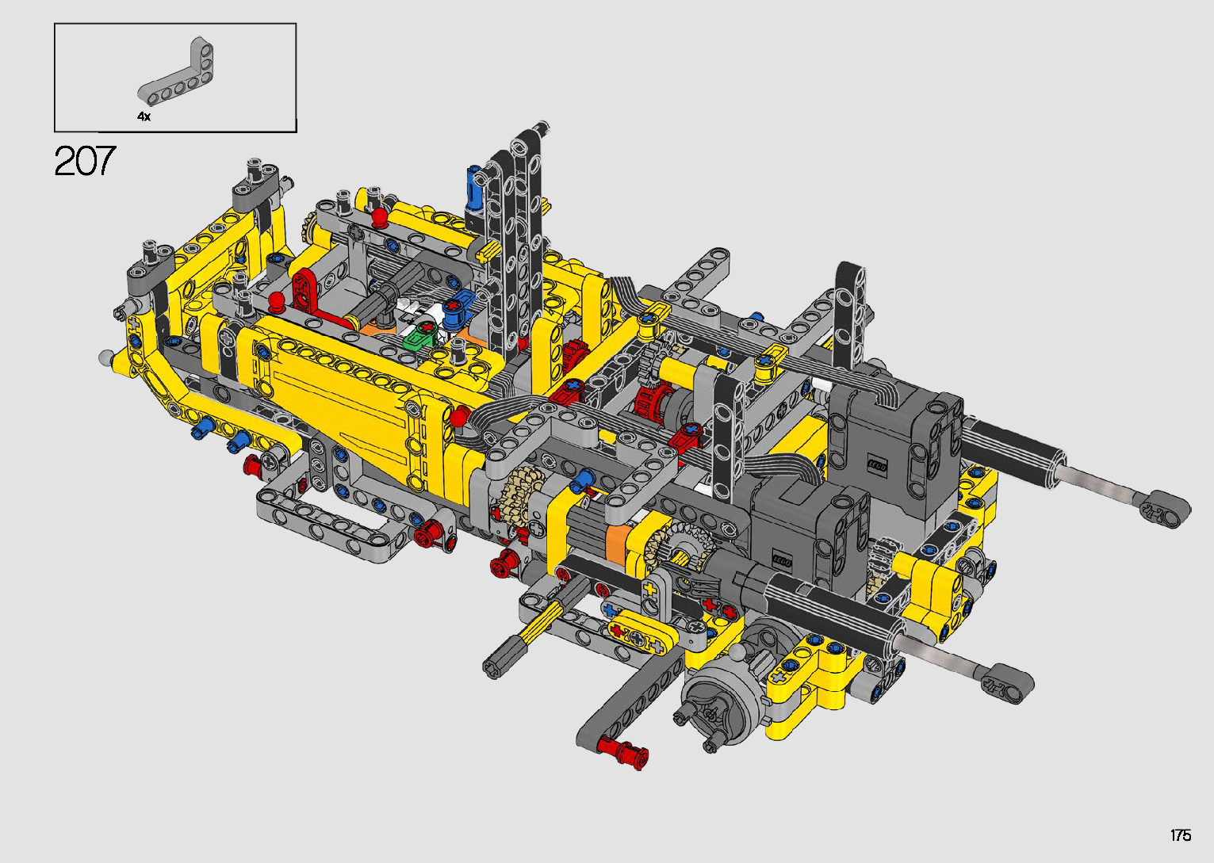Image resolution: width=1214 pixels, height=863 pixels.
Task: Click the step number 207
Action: pyautogui.click(x=85, y=160)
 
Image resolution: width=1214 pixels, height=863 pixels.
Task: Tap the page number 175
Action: pyautogui.click(x=1181, y=834)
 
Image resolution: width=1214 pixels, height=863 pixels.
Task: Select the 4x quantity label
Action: pyautogui.click(x=144, y=116)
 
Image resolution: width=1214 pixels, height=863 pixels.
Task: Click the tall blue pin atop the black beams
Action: pyautogui.click(x=473, y=189)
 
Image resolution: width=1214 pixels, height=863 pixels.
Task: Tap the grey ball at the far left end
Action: pyautogui.click(x=106, y=357)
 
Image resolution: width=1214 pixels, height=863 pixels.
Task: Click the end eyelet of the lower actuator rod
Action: pyautogui.click(x=1007, y=684)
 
